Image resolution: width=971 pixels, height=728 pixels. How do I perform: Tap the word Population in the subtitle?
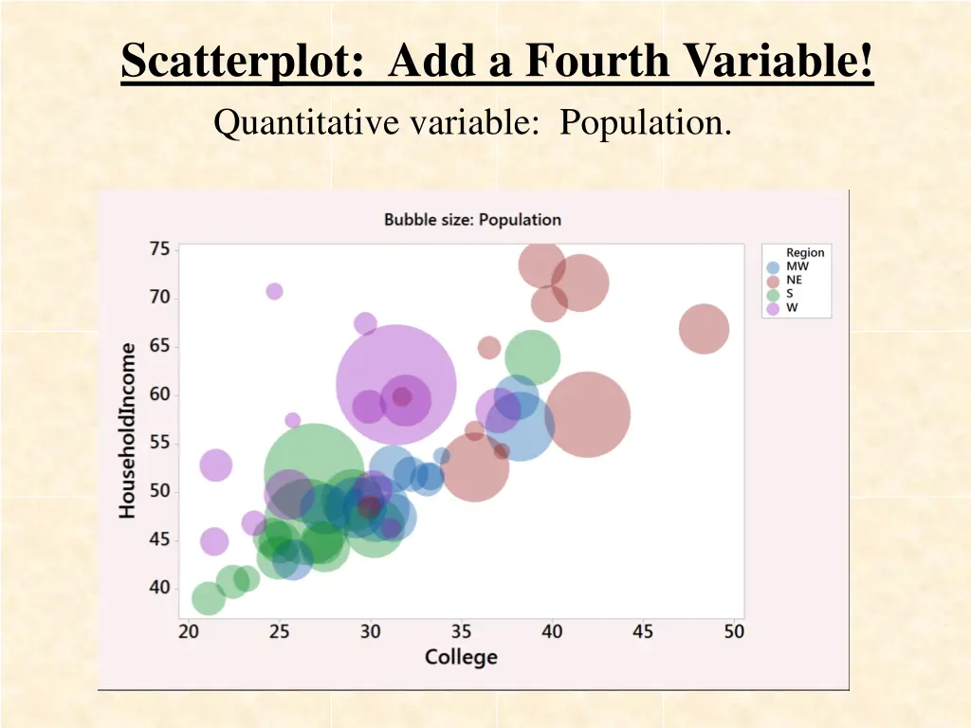click(645, 123)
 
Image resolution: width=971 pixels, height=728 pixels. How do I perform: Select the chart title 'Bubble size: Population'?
click(472, 219)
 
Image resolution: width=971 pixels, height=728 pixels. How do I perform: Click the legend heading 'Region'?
click(805, 253)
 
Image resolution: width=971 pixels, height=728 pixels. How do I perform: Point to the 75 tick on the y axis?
click(159, 249)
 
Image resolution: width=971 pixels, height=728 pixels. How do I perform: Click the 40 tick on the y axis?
click(159, 588)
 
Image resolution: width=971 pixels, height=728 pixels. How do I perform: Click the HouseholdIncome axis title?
click(127, 430)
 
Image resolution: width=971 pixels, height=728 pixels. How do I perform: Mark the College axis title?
click(461, 657)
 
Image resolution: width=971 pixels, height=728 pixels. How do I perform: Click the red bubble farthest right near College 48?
click(704, 329)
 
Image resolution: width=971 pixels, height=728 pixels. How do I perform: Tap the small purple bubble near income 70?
click(274, 291)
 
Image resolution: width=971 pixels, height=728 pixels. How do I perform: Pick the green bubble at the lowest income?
click(209, 598)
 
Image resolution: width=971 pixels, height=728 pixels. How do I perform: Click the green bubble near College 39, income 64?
click(532, 358)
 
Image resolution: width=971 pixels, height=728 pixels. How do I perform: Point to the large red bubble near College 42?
click(587, 415)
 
